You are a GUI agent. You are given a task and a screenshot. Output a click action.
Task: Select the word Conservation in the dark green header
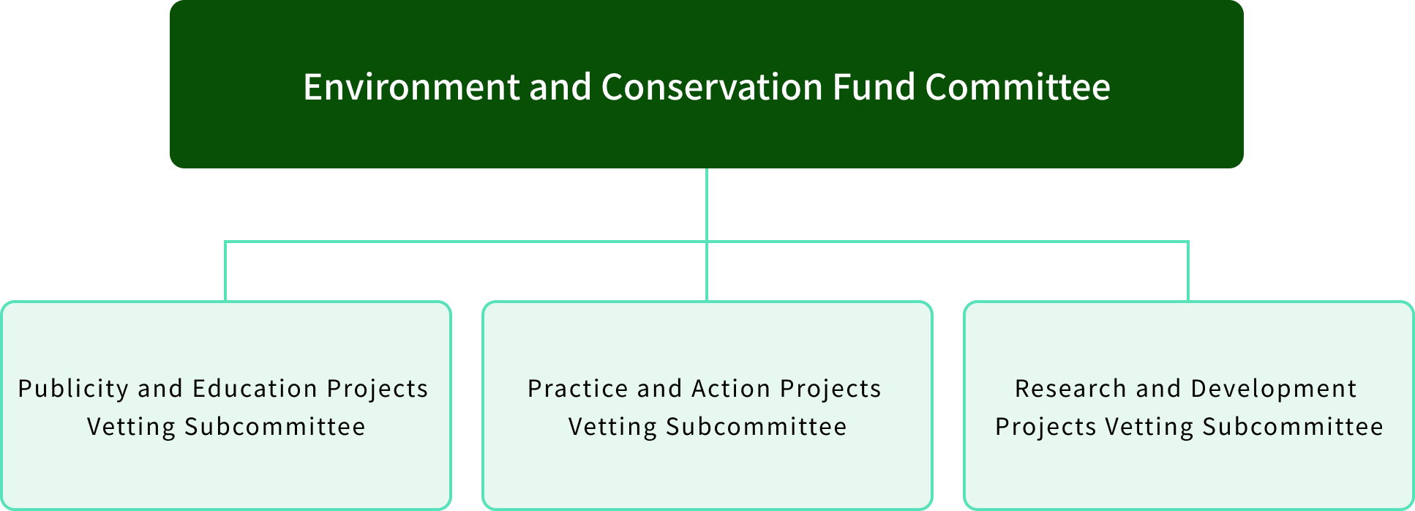pos(712,87)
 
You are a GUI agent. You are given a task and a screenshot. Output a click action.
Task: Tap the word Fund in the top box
pos(873,87)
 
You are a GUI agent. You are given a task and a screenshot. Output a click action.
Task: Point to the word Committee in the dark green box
pos(1017,87)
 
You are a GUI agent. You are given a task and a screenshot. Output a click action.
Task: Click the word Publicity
pos(72,389)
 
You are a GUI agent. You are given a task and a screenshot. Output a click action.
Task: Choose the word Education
pos(255,389)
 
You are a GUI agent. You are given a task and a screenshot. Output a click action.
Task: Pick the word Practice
pos(578,389)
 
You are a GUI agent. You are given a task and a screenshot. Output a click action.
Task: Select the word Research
pos(1070,389)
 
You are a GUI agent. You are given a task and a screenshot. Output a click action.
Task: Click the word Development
pos(1274,389)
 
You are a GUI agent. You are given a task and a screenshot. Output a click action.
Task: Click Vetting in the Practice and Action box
pos(612,427)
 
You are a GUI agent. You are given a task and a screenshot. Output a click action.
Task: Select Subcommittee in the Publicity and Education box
pos(274,427)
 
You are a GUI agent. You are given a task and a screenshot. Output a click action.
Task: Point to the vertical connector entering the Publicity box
pos(225,271)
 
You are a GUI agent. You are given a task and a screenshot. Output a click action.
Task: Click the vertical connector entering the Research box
pos(1188,271)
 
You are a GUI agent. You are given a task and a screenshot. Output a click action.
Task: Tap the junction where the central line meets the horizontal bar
pos(707,241)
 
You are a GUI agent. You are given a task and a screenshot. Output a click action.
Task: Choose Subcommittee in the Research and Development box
pos(1292,427)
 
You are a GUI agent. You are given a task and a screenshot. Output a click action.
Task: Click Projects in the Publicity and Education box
pos(377,389)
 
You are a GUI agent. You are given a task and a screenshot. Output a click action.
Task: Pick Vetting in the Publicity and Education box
pos(131,427)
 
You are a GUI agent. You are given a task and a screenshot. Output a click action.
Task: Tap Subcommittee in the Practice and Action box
pos(756,427)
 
